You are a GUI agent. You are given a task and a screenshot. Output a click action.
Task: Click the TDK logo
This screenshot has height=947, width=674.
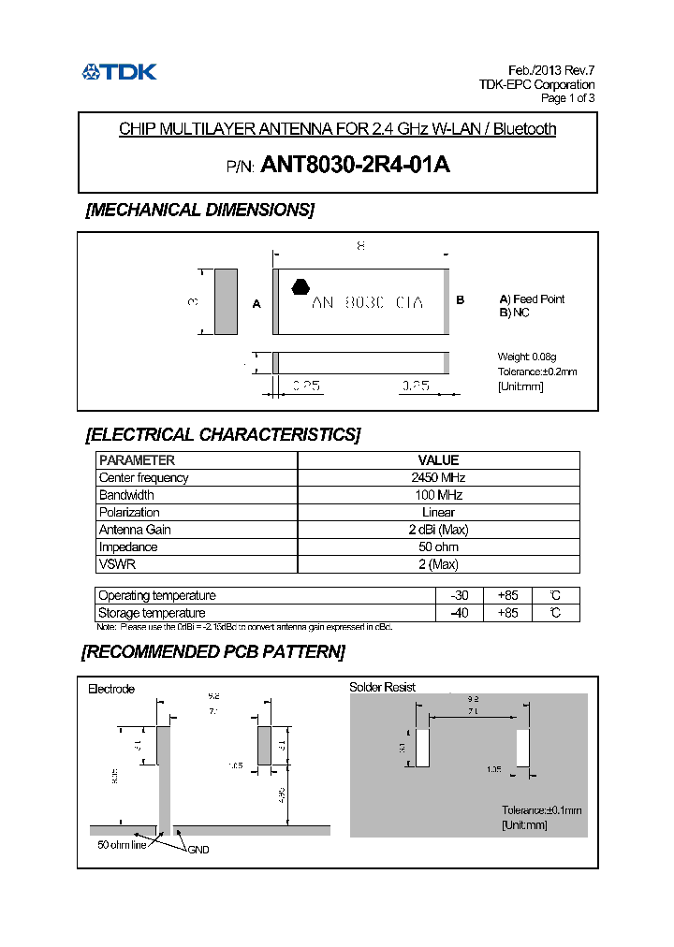119,71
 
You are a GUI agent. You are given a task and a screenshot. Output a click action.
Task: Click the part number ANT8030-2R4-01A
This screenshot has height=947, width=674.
356,165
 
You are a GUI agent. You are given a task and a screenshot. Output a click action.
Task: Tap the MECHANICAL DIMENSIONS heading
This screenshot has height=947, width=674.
199,210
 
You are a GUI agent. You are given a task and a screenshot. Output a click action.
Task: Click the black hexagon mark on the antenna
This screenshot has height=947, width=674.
300,287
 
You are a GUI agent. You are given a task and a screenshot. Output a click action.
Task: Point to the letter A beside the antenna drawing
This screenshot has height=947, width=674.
256,303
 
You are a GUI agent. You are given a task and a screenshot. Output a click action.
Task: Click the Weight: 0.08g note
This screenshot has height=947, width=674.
526,357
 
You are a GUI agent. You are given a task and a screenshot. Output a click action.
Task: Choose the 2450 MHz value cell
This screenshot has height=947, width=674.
438,477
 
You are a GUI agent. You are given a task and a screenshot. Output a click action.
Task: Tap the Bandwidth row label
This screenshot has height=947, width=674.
126,494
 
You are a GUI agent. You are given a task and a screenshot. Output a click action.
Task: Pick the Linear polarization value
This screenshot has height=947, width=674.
438,512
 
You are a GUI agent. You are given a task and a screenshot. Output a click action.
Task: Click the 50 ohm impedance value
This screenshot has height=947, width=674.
438,546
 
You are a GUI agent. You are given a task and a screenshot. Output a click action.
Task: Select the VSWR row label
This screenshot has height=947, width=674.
117,564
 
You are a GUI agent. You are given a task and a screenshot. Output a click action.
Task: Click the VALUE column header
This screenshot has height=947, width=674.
438,459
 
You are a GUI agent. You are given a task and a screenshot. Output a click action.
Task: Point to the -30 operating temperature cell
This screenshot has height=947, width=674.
459,595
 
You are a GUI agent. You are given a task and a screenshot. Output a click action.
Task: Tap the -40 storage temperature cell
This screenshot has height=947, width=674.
459,613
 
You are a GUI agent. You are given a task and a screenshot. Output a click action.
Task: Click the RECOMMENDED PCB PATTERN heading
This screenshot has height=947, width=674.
213,651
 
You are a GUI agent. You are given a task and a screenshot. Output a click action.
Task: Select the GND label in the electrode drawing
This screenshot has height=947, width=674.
198,849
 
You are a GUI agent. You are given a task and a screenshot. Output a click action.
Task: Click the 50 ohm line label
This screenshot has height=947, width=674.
124,844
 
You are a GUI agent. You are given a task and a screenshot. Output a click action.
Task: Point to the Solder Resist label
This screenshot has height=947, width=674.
382,687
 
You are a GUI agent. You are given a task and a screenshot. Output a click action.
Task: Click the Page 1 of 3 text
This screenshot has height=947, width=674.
567,97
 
